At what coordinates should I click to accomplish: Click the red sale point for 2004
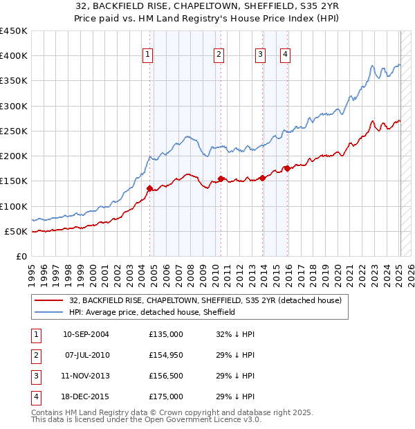point(149,188)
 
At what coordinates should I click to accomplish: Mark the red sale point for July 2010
point(221,179)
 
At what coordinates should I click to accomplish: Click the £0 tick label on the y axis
point(21,256)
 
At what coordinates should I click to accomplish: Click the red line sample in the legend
point(49,301)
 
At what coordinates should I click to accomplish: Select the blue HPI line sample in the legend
point(49,312)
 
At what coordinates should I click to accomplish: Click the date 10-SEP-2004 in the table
point(86,334)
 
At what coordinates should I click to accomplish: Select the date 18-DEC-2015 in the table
point(86,396)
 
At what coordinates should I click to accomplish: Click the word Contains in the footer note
point(46,412)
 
